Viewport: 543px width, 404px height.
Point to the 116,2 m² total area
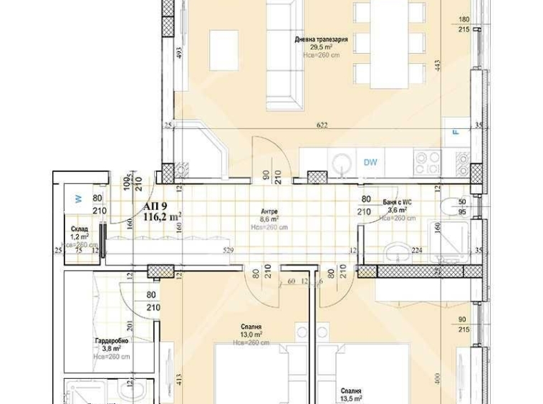click(162, 216)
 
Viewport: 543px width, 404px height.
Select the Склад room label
click(79, 229)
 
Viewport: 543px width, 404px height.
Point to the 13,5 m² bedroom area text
click(350, 399)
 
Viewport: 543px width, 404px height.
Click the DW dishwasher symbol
click(370, 163)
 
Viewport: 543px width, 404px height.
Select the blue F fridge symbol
click(454, 132)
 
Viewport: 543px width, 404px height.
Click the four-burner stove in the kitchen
click(428, 162)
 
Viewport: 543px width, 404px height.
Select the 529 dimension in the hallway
click(229, 250)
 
